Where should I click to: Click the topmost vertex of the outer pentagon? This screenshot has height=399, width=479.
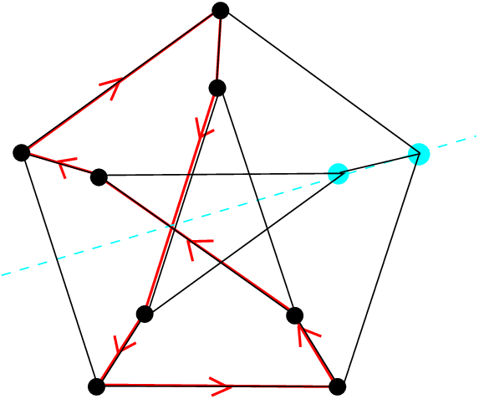coord(221,10)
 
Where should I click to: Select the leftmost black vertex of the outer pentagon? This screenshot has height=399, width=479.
coord(22,152)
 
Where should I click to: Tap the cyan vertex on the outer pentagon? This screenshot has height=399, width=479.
coord(420,153)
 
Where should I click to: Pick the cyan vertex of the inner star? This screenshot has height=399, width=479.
coord(338,173)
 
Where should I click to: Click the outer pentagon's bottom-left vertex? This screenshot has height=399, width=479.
coord(96,386)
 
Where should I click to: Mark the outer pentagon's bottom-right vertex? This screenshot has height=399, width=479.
coord(337,386)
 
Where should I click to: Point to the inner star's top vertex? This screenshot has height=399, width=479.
coord(217,88)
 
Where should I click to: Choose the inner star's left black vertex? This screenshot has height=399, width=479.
coord(99,176)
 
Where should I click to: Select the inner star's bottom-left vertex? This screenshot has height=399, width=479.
coord(144,314)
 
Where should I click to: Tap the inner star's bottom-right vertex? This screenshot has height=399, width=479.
coord(294,315)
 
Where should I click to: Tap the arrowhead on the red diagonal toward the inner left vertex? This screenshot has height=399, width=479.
coord(196,246)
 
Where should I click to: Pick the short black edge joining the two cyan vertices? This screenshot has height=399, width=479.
coord(379,163)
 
